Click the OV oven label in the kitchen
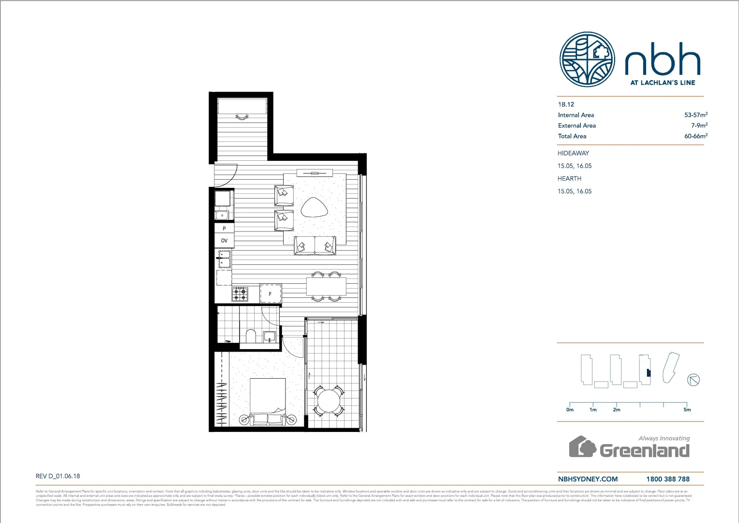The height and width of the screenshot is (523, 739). click(x=224, y=241)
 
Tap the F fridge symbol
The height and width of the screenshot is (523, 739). click(x=270, y=294)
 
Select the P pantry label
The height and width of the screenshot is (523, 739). click(x=224, y=228)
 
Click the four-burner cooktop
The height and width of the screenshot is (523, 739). click(x=240, y=294)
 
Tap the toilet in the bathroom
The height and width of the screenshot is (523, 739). click(x=251, y=336)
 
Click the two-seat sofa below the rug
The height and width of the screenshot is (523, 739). click(x=315, y=246)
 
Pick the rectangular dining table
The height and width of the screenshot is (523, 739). click(x=326, y=287)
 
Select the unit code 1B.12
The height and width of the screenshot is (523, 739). click(x=566, y=104)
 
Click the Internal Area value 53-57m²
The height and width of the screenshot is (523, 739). click(x=695, y=115)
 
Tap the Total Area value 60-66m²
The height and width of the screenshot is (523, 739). click(x=695, y=136)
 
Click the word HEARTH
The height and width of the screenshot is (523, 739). click(x=569, y=178)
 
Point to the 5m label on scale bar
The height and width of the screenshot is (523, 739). click(x=687, y=410)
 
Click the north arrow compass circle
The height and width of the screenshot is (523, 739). click(x=694, y=380)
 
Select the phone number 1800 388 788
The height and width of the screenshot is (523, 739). click(x=667, y=479)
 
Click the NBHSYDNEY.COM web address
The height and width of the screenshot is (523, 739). click(x=588, y=479)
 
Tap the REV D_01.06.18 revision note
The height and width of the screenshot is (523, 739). click(x=58, y=476)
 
